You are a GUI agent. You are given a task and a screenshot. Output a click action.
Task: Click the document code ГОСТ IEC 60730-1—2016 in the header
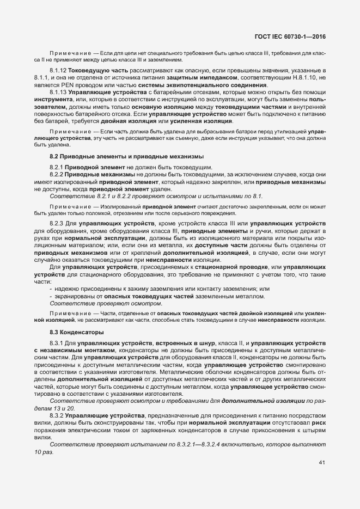coord(294,37)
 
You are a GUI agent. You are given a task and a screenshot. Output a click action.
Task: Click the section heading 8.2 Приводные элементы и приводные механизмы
coord(105,157)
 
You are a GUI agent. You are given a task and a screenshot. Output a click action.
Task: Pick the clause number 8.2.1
coord(57,166)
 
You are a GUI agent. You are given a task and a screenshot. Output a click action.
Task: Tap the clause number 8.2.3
coord(57,224)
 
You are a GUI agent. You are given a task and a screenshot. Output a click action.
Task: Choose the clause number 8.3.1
coord(57,343)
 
